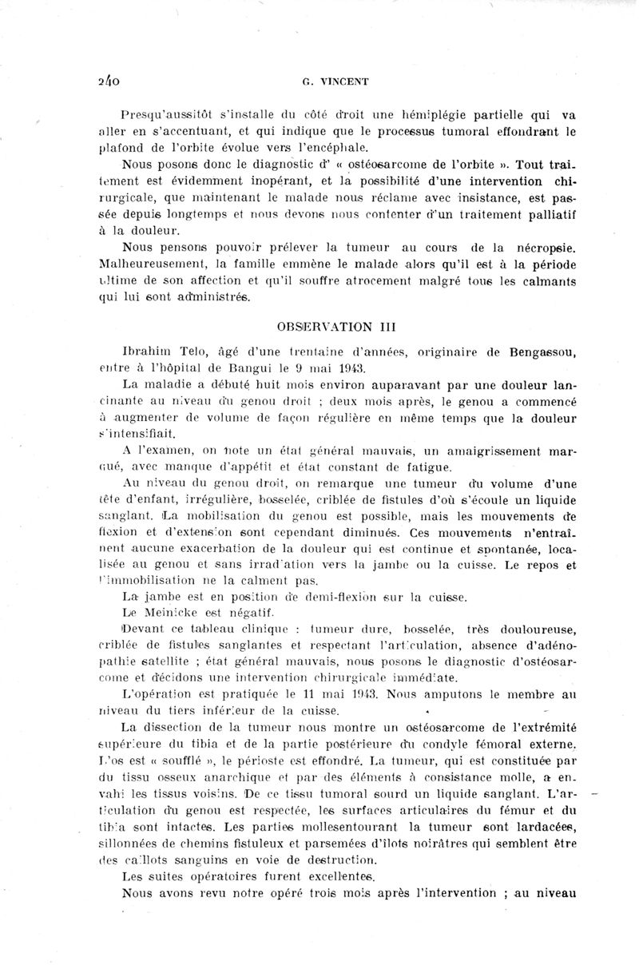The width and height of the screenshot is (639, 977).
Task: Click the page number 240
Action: coord(107,81)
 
